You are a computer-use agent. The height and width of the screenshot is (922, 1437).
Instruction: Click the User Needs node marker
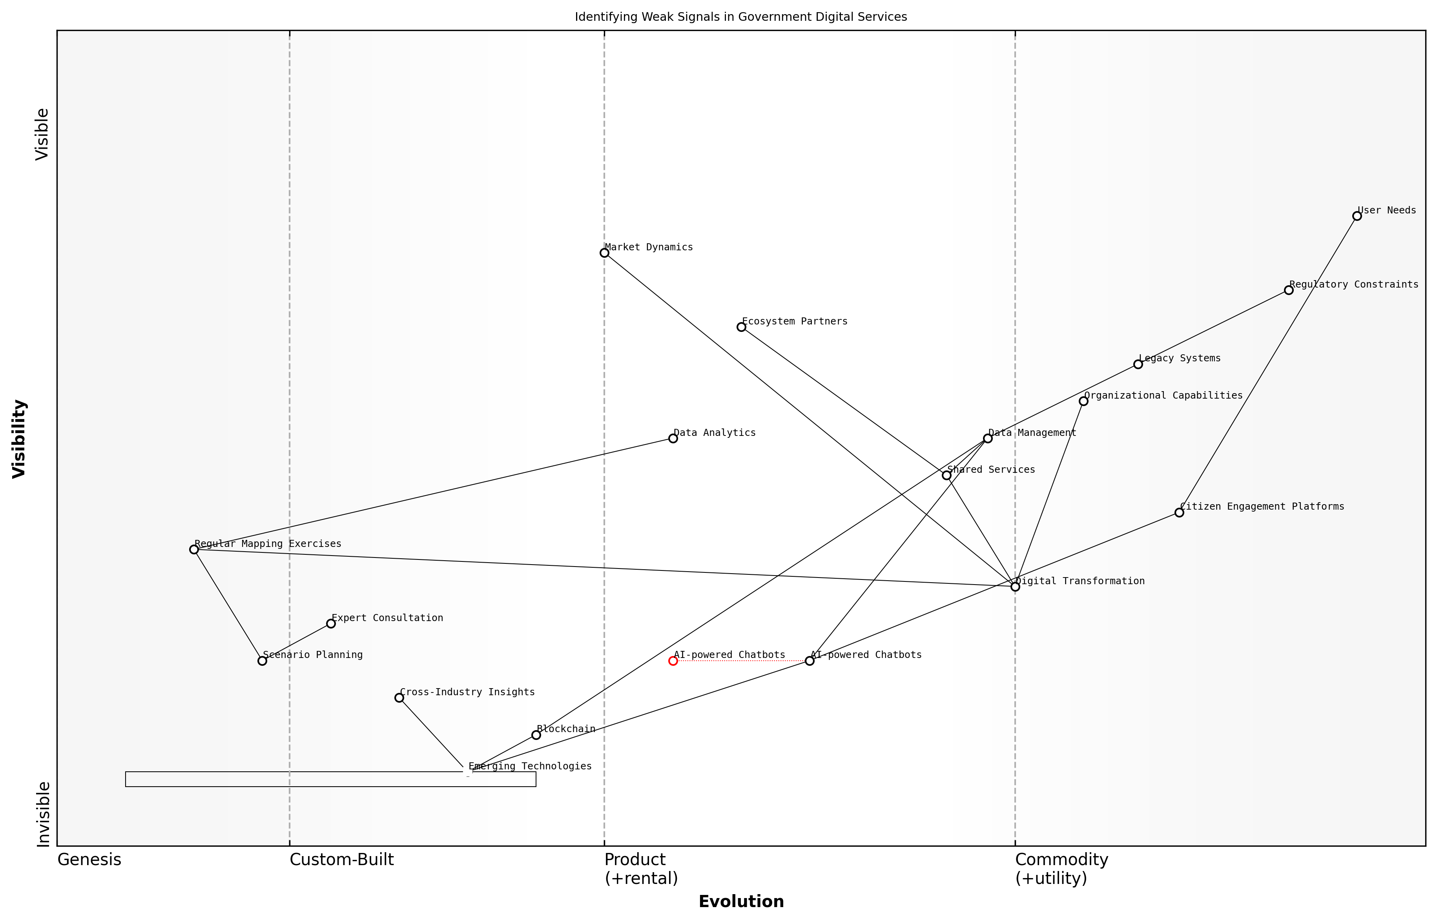[x=1357, y=216]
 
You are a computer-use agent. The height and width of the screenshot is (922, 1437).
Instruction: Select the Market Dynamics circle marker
[x=604, y=253]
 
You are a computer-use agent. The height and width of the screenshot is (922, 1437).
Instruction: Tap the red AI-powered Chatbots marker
[x=673, y=661]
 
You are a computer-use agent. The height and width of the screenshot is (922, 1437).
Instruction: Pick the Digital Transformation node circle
[x=1015, y=587]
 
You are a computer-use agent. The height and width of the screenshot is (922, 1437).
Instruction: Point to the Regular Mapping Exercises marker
[x=194, y=550]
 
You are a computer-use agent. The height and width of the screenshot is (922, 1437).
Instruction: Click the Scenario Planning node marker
[x=262, y=661]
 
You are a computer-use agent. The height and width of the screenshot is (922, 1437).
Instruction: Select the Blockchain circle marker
[x=536, y=735]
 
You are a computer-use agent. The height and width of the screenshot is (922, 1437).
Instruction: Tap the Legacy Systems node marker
[x=1138, y=364]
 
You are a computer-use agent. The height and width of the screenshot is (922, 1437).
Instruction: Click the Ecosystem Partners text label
[x=795, y=321]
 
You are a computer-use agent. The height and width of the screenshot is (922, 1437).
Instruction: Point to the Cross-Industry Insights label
[x=467, y=692]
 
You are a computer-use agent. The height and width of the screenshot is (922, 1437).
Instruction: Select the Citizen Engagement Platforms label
[x=1262, y=507]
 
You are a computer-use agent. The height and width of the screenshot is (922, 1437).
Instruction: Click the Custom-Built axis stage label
[x=341, y=860]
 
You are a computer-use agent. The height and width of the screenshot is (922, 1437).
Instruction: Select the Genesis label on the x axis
[x=89, y=860]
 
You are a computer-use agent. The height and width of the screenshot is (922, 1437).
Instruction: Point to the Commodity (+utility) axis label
[x=1061, y=869]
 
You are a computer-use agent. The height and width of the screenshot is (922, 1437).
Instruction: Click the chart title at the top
[x=740, y=17]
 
